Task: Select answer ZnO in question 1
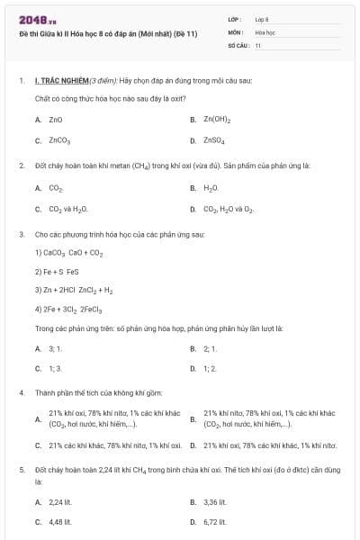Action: coord(55,119)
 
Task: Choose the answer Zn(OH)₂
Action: coord(218,119)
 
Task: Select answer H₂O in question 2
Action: coord(211,188)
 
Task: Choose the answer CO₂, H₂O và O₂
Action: coord(229,210)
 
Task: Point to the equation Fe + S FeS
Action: coord(59,272)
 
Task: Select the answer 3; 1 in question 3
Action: coord(55,348)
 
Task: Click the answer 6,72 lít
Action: coord(214,522)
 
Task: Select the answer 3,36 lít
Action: coord(214,502)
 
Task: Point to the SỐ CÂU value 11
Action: coord(258,44)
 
